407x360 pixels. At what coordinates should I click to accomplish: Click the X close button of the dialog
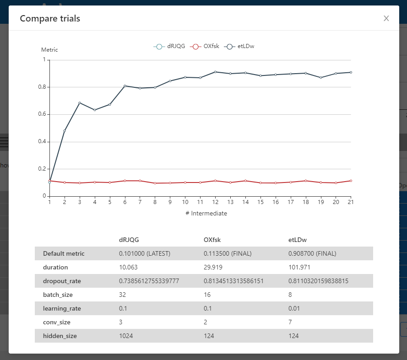coord(386,18)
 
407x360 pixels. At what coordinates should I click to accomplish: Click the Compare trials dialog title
coord(50,18)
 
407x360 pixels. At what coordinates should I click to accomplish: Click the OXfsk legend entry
coord(206,46)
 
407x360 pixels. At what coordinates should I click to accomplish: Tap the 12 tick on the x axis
coord(215,202)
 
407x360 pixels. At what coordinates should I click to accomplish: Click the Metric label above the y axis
coord(49,50)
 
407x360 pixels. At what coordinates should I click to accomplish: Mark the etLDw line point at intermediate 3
coord(80,103)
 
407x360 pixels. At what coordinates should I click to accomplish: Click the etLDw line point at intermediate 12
coord(215,72)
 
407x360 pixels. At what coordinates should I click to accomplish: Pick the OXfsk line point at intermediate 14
coord(245,181)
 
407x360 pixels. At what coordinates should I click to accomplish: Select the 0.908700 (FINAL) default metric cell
coord(312,253)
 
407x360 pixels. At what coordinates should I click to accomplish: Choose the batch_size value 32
coord(122,295)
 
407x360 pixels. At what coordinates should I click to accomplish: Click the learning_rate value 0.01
coord(294,308)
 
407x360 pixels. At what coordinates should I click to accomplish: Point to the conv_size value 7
coord(290,322)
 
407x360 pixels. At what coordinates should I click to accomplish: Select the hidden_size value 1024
coord(125,336)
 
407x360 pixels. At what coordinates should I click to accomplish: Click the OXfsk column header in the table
coord(212,240)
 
